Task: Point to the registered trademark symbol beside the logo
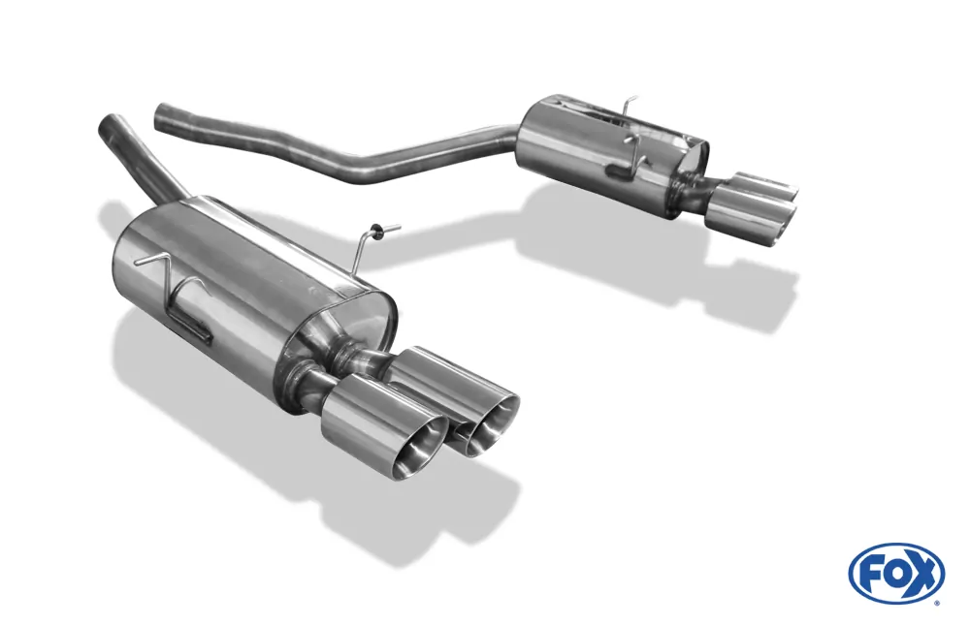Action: [x=937, y=602]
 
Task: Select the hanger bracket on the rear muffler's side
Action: [x=630, y=165]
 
